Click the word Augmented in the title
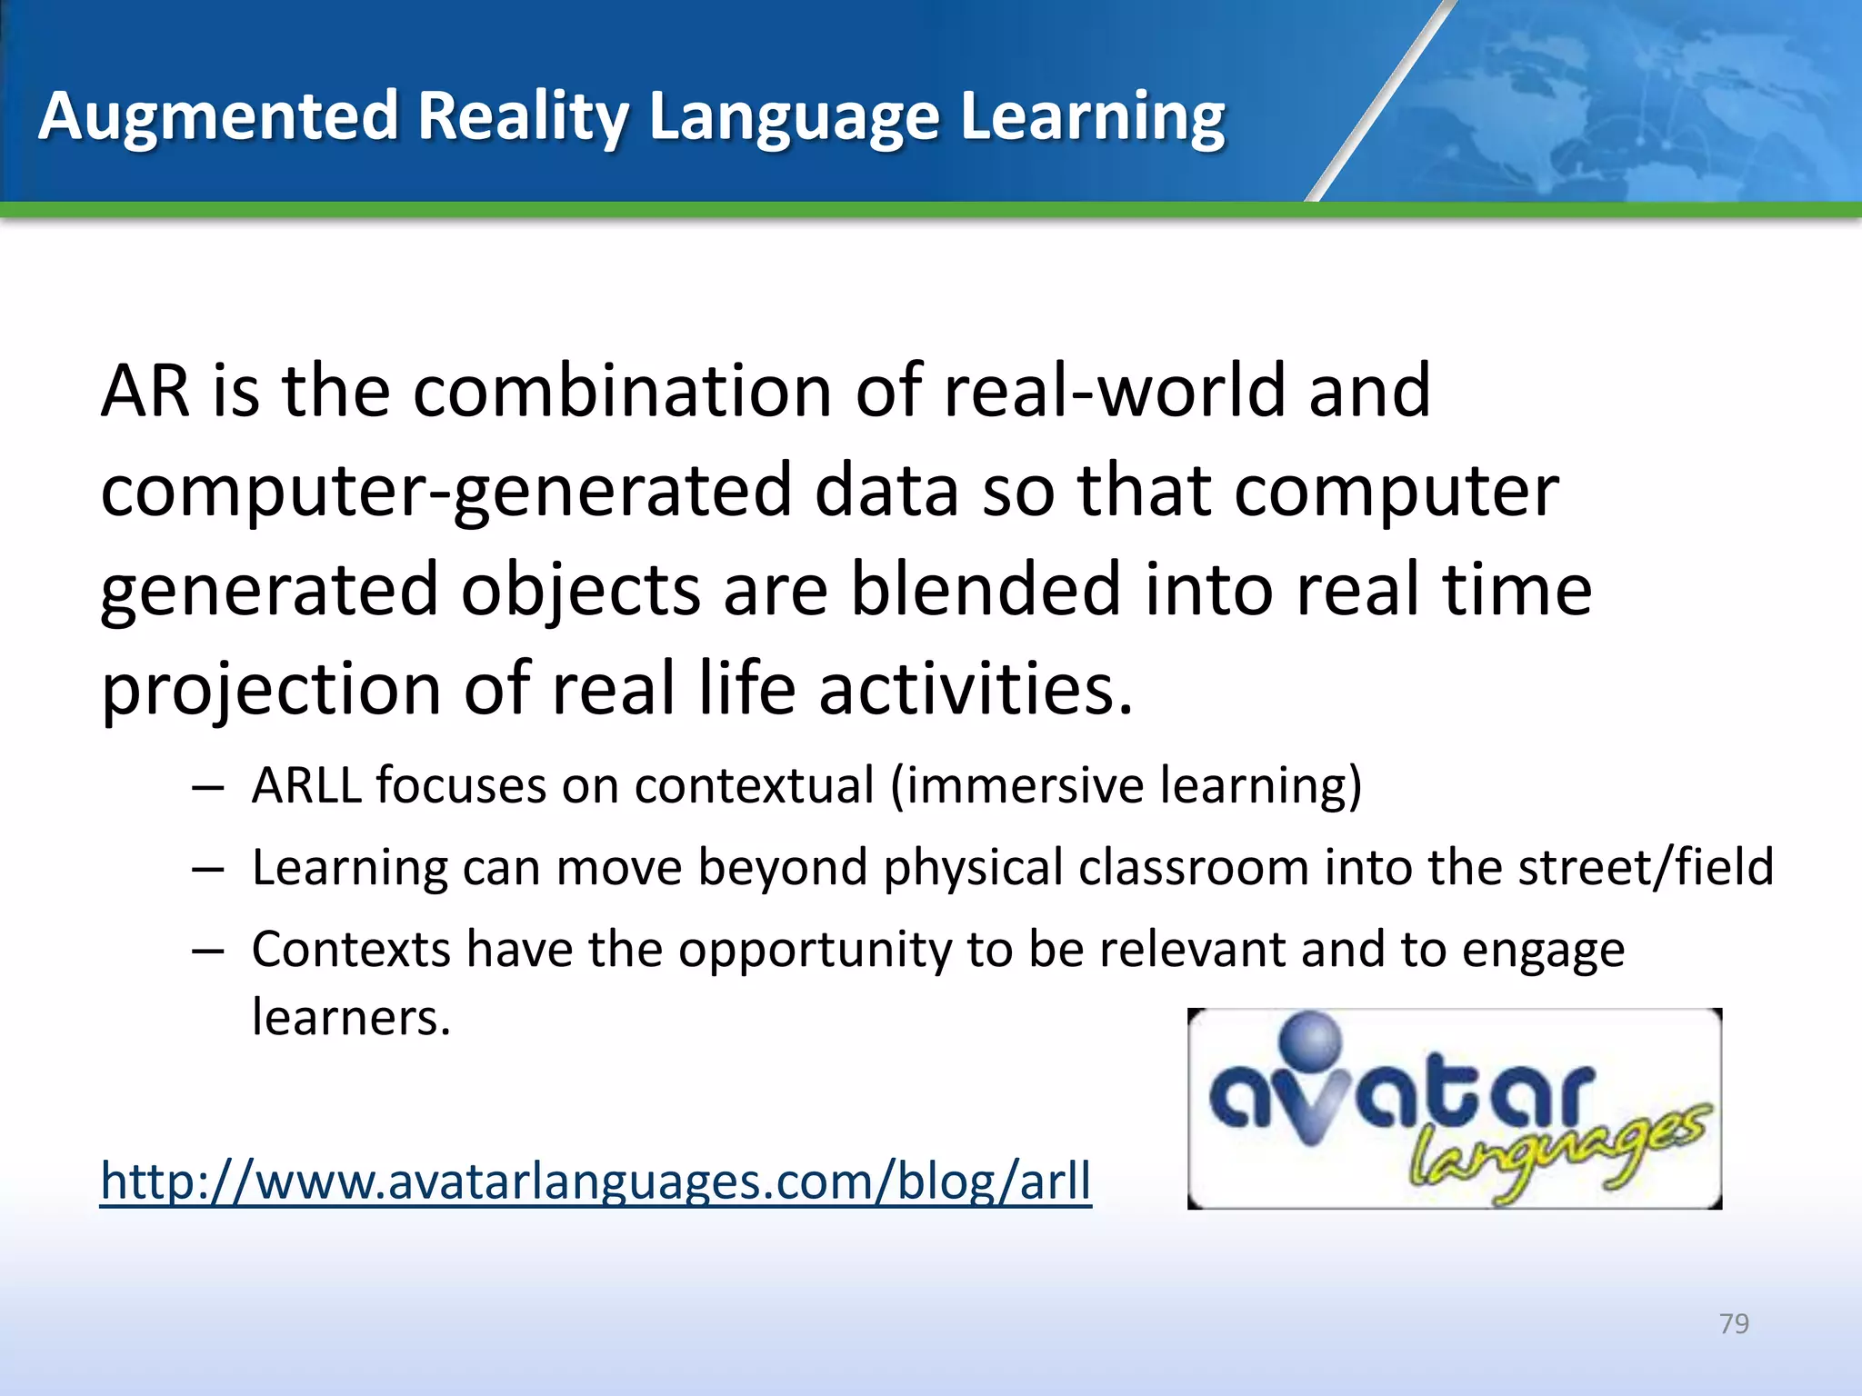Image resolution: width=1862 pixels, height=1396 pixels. [x=218, y=117]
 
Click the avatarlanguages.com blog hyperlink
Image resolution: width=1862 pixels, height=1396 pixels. [x=596, y=1181]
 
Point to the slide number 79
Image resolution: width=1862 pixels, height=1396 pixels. [x=1734, y=1323]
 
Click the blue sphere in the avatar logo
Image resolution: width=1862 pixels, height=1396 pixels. [x=1310, y=1041]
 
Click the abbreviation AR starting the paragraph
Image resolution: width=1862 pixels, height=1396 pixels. [x=145, y=391]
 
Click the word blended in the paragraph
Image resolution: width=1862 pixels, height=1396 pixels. [x=986, y=590]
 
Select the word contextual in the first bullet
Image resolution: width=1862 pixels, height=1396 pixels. [x=754, y=785]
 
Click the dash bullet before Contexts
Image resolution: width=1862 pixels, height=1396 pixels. [x=208, y=951]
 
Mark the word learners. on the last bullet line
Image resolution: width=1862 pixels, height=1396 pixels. [x=351, y=1018]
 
